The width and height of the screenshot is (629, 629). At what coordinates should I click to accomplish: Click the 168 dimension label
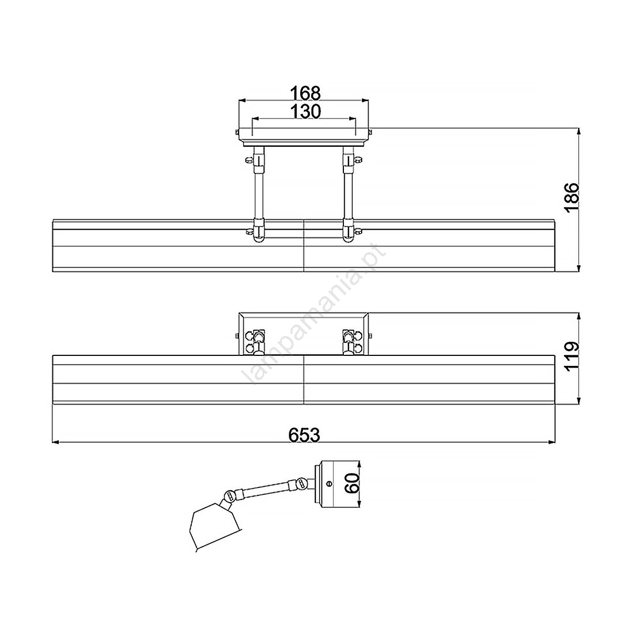pyautogui.click(x=306, y=93)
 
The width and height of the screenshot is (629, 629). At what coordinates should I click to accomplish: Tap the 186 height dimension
pyautogui.click(x=572, y=198)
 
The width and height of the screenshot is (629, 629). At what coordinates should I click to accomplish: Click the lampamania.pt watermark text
pyautogui.click(x=313, y=313)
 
